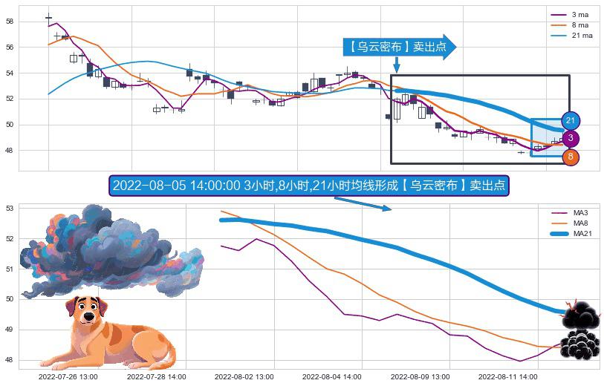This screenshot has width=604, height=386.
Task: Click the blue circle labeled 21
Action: tap(571, 120)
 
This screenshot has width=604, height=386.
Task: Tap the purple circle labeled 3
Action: tap(571, 138)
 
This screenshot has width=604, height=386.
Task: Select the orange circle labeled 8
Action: tap(571, 157)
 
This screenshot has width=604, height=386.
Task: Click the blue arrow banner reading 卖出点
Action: tap(398, 47)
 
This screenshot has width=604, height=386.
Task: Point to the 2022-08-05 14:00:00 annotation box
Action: tap(308, 186)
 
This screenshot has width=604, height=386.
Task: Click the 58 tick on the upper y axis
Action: tap(10, 22)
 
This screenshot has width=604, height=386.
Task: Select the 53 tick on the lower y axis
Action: tap(10, 209)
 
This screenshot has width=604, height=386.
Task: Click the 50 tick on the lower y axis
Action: tap(10, 299)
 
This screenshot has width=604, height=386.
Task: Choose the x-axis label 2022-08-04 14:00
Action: tap(332, 376)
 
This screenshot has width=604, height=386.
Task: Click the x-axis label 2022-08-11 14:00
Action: tap(508, 376)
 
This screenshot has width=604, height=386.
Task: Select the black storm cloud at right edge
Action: tap(579, 330)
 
